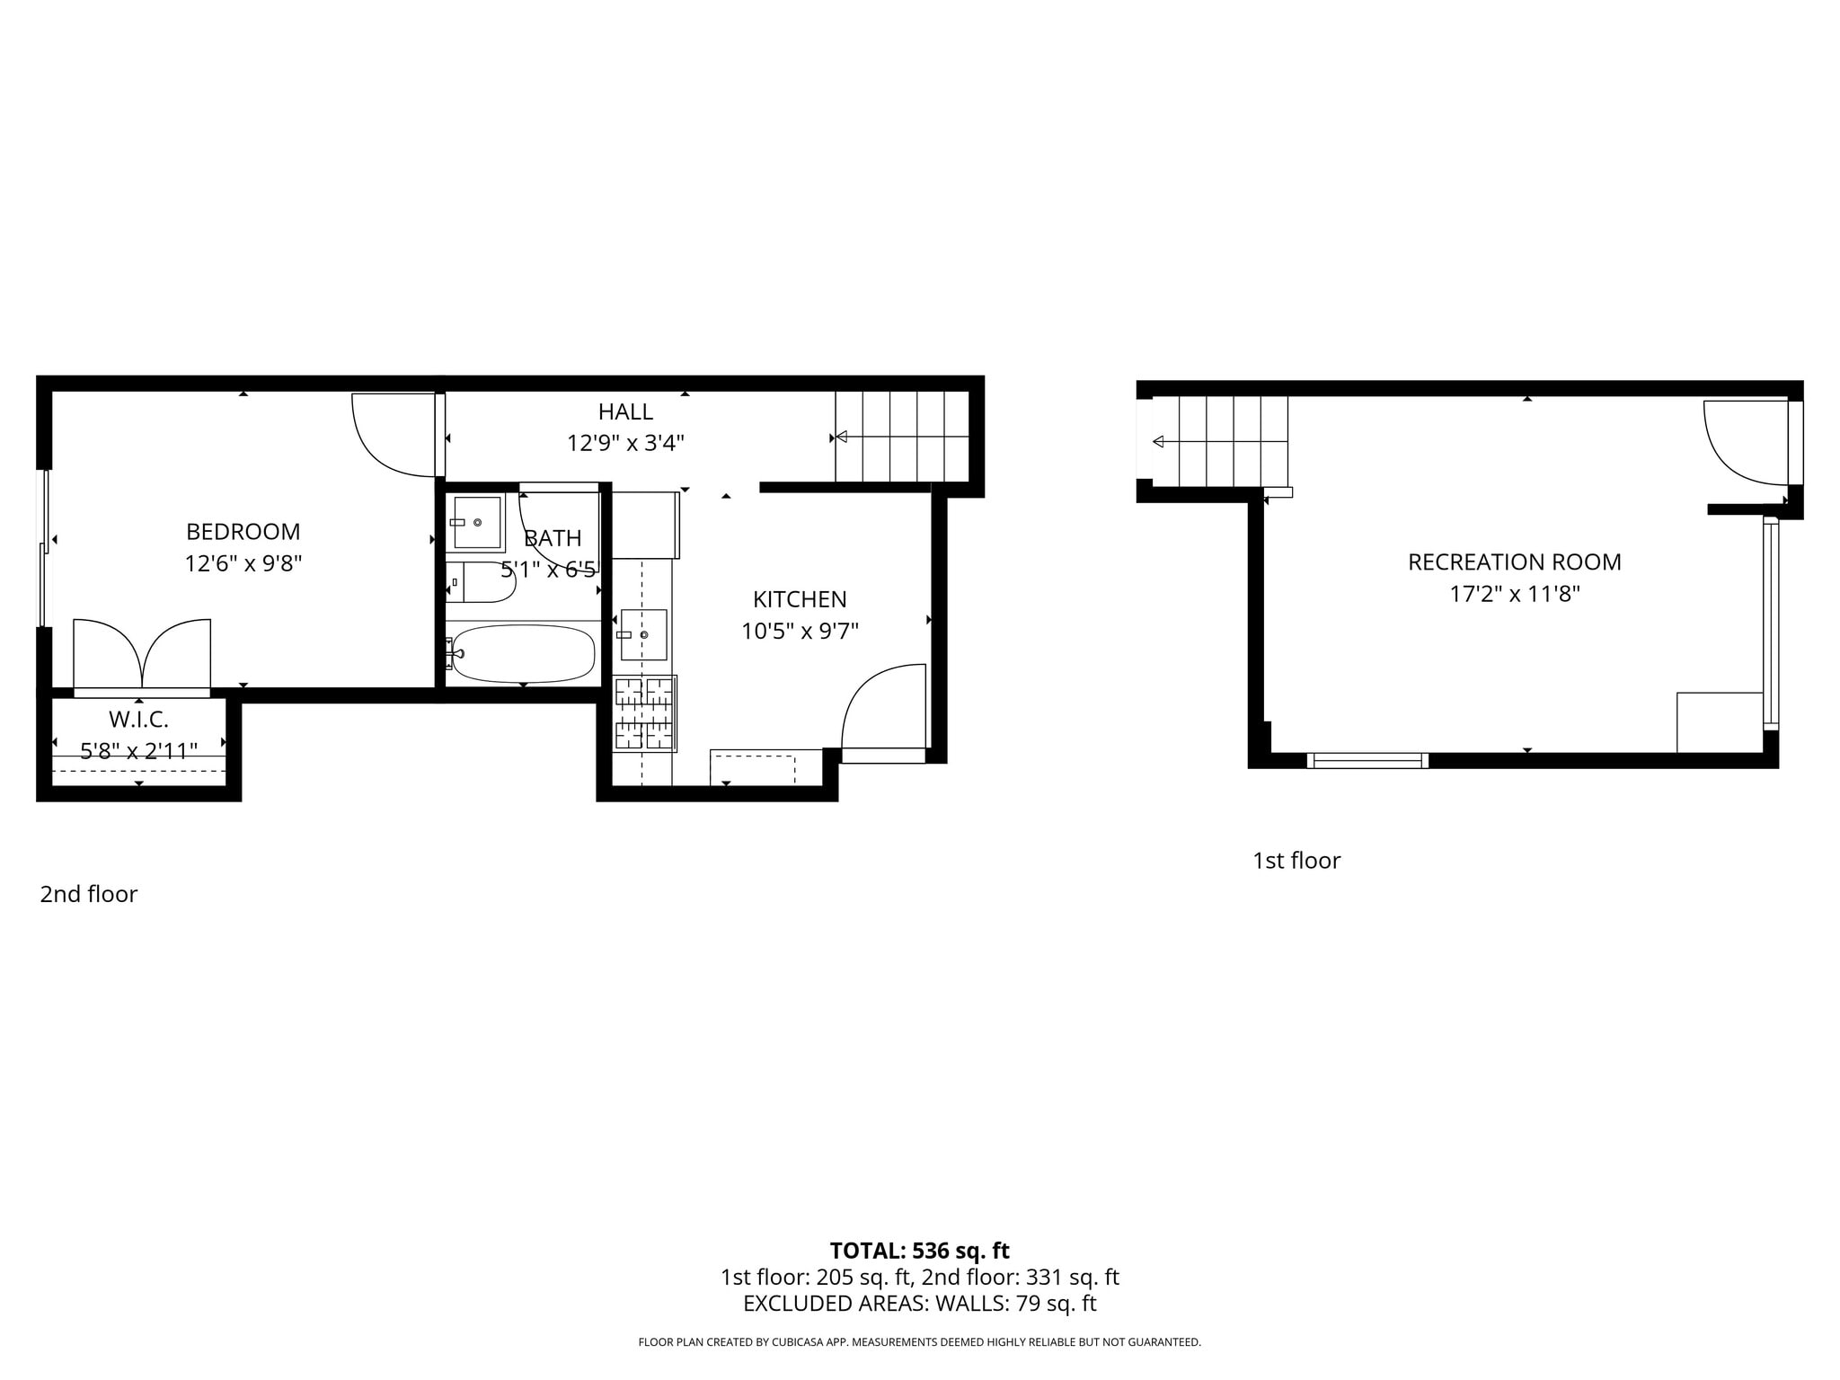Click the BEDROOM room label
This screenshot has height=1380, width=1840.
(x=243, y=532)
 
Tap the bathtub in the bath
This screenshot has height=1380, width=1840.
(x=523, y=653)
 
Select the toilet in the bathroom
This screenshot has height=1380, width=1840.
(x=485, y=582)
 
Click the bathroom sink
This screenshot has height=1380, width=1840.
(x=476, y=522)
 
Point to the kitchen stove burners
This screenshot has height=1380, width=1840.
(x=644, y=713)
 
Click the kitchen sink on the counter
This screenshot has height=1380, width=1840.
(x=643, y=634)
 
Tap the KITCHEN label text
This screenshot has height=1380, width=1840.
(x=800, y=599)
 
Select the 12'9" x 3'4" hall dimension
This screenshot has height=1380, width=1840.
(x=625, y=443)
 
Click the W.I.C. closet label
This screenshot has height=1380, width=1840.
(x=138, y=719)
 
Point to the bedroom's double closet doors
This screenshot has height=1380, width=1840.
(x=142, y=654)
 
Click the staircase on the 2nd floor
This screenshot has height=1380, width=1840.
(x=902, y=438)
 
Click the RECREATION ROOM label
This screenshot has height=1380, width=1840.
(x=1514, y=562)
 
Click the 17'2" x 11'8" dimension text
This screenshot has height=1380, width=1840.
(x=1514, y=594)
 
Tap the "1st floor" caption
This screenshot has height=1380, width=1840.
(x=1296, y=861)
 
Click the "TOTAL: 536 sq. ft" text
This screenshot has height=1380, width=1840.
(x=919, y=1251)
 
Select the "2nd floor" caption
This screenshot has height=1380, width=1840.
(x=88, y=894)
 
